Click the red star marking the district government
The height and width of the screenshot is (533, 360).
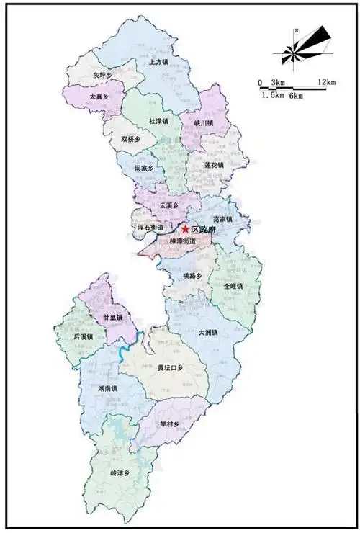tap(185, 228)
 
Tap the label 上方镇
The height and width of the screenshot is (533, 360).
tap(158, 63)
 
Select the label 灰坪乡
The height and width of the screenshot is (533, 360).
tap(103, 75)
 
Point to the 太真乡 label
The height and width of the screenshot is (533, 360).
tap(99, 95)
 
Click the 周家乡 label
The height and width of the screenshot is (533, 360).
tap(145, 169)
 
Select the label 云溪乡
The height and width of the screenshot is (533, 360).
tap(168, 205)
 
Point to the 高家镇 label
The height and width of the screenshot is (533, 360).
tap(223, 220)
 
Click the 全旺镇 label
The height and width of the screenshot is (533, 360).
tap(233, 286)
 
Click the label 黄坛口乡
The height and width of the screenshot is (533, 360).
tap(171, 368)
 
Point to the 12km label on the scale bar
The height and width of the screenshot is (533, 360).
tap(326, 81)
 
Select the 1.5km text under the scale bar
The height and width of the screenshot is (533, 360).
tap(272, 95)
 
